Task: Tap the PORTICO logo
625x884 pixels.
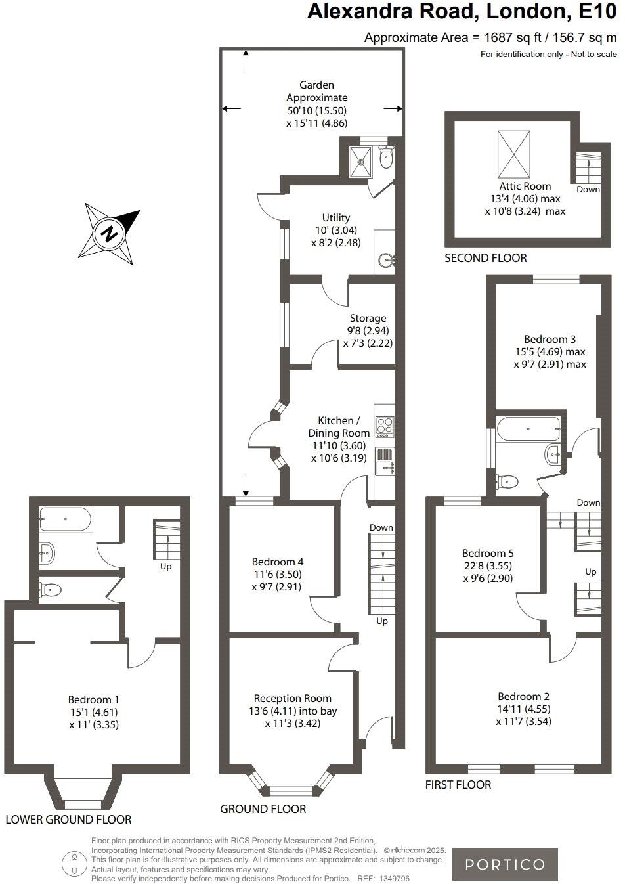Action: click(x=505, y=864)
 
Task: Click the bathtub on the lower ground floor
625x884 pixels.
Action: click(x=66, y=519)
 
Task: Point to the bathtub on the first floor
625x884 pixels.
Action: click(x=529, y=429)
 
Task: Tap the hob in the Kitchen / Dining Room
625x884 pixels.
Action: click(x=384, y=427)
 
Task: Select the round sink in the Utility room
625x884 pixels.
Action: click(x=385, y=262)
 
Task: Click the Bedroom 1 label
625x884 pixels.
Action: click(x=93, y=700)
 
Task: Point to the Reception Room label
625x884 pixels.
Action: click(x=292, y=698)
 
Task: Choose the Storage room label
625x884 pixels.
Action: click(x=368, y=319)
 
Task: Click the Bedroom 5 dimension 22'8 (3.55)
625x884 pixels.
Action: click(x=487, y=566)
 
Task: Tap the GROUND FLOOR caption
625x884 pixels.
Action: click(x=263, y=809)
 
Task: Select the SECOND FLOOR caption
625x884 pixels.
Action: click(x=485, y=258)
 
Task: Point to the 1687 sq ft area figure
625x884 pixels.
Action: click(x=509, y=37)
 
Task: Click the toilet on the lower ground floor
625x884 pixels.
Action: click(x=51, y=590)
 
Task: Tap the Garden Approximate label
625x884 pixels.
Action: click(x=316, y=91)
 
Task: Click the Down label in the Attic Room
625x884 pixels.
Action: click(x=588, y=189)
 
